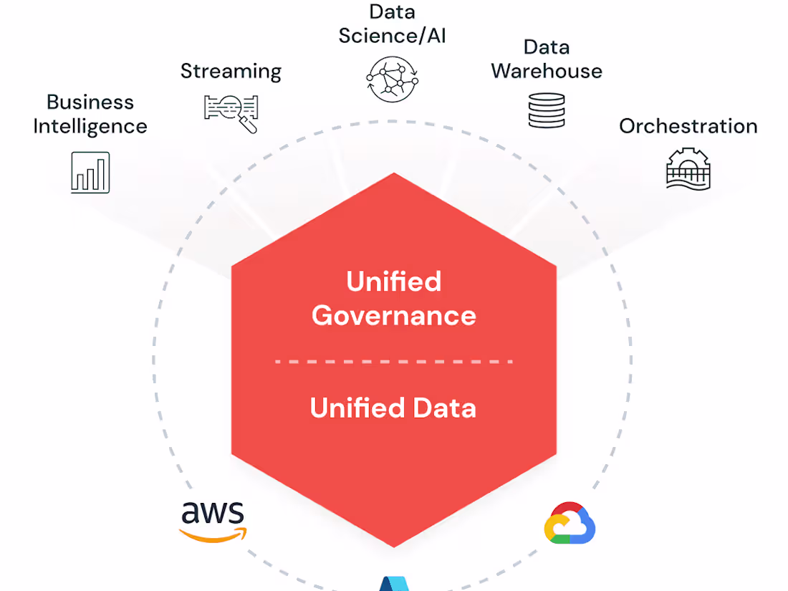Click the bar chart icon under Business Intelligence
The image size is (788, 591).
pos(90,173)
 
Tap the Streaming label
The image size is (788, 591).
pos(231,71)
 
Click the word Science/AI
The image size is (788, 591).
pos(392,36)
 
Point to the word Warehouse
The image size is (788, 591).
pos(547,71)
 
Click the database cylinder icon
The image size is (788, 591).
pos(547,111)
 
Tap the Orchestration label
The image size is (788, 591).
pos(688,126)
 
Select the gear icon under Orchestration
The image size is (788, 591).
pos(688,168)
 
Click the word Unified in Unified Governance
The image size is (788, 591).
pos(393,281)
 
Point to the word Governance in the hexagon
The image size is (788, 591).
pos(393,315)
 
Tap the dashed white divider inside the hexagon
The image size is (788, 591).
pos(393,362)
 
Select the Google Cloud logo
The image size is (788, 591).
pos(570,523)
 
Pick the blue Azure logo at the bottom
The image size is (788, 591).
pos(393,583)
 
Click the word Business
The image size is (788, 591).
pos(90,102)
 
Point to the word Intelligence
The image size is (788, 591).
pos(90,127)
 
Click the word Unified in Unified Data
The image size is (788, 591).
pos(349,408)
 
